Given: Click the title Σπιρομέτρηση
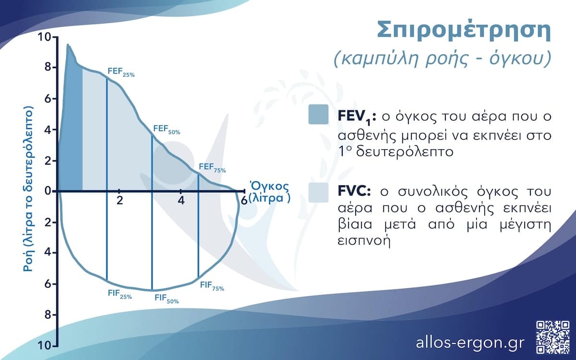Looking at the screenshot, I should (x=463, y=31).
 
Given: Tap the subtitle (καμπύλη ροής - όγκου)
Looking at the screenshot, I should (x=441, y=59).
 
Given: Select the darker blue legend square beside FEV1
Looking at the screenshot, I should (x=319, y=114).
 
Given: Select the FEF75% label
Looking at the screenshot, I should (x=212, y=168).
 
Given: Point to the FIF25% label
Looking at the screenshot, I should (x=119, y=294).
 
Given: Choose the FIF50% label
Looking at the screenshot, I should (x=166, y=299).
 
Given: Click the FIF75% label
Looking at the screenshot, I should (x=212, y=286).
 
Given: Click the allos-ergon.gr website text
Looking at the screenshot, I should (x=470, y=343).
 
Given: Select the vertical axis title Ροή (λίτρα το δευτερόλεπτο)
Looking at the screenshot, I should (x=28, y=190).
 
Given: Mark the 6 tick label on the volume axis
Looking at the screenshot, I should (x=244, y=200).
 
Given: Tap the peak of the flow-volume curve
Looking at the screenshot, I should (x=68, y=45).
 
